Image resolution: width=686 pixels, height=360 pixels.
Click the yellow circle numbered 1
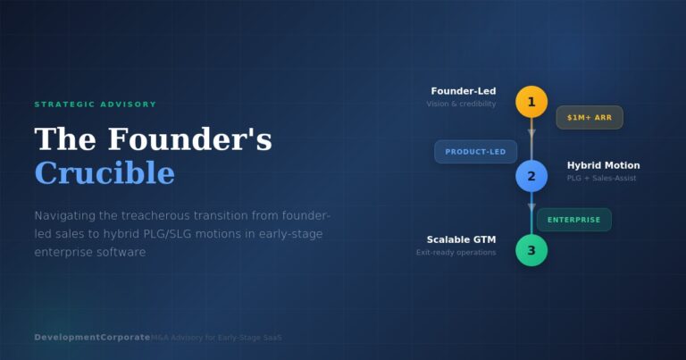tap(531, 102)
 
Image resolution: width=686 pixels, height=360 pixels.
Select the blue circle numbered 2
tap(531, 176)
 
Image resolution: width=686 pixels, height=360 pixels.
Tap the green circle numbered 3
tap(531, 250)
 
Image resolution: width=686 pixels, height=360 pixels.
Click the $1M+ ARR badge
tap(590, 118)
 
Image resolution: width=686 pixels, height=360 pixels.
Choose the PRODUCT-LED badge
tap(475, 152)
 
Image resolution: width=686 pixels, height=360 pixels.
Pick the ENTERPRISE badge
tap(573, 220)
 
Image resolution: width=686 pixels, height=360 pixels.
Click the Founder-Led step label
tap(463, 91)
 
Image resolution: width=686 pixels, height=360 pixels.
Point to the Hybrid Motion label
tap(603, 165)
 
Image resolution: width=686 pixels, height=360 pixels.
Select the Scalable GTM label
tap(461, 239)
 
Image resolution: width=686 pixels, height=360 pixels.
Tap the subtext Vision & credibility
tap(461, 105)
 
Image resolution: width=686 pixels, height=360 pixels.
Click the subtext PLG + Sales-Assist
tap(601, 179)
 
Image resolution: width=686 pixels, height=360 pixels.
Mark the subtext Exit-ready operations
tap(456, 253)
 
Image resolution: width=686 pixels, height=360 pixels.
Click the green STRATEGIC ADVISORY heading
tap(95, 105)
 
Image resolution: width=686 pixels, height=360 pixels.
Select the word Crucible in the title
tap(105, 172)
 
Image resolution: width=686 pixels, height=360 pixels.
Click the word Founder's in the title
tap(190, 139)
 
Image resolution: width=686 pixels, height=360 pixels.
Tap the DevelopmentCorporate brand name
tap(92, 337)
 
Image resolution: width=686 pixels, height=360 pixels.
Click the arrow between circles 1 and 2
tap(531, 134)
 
